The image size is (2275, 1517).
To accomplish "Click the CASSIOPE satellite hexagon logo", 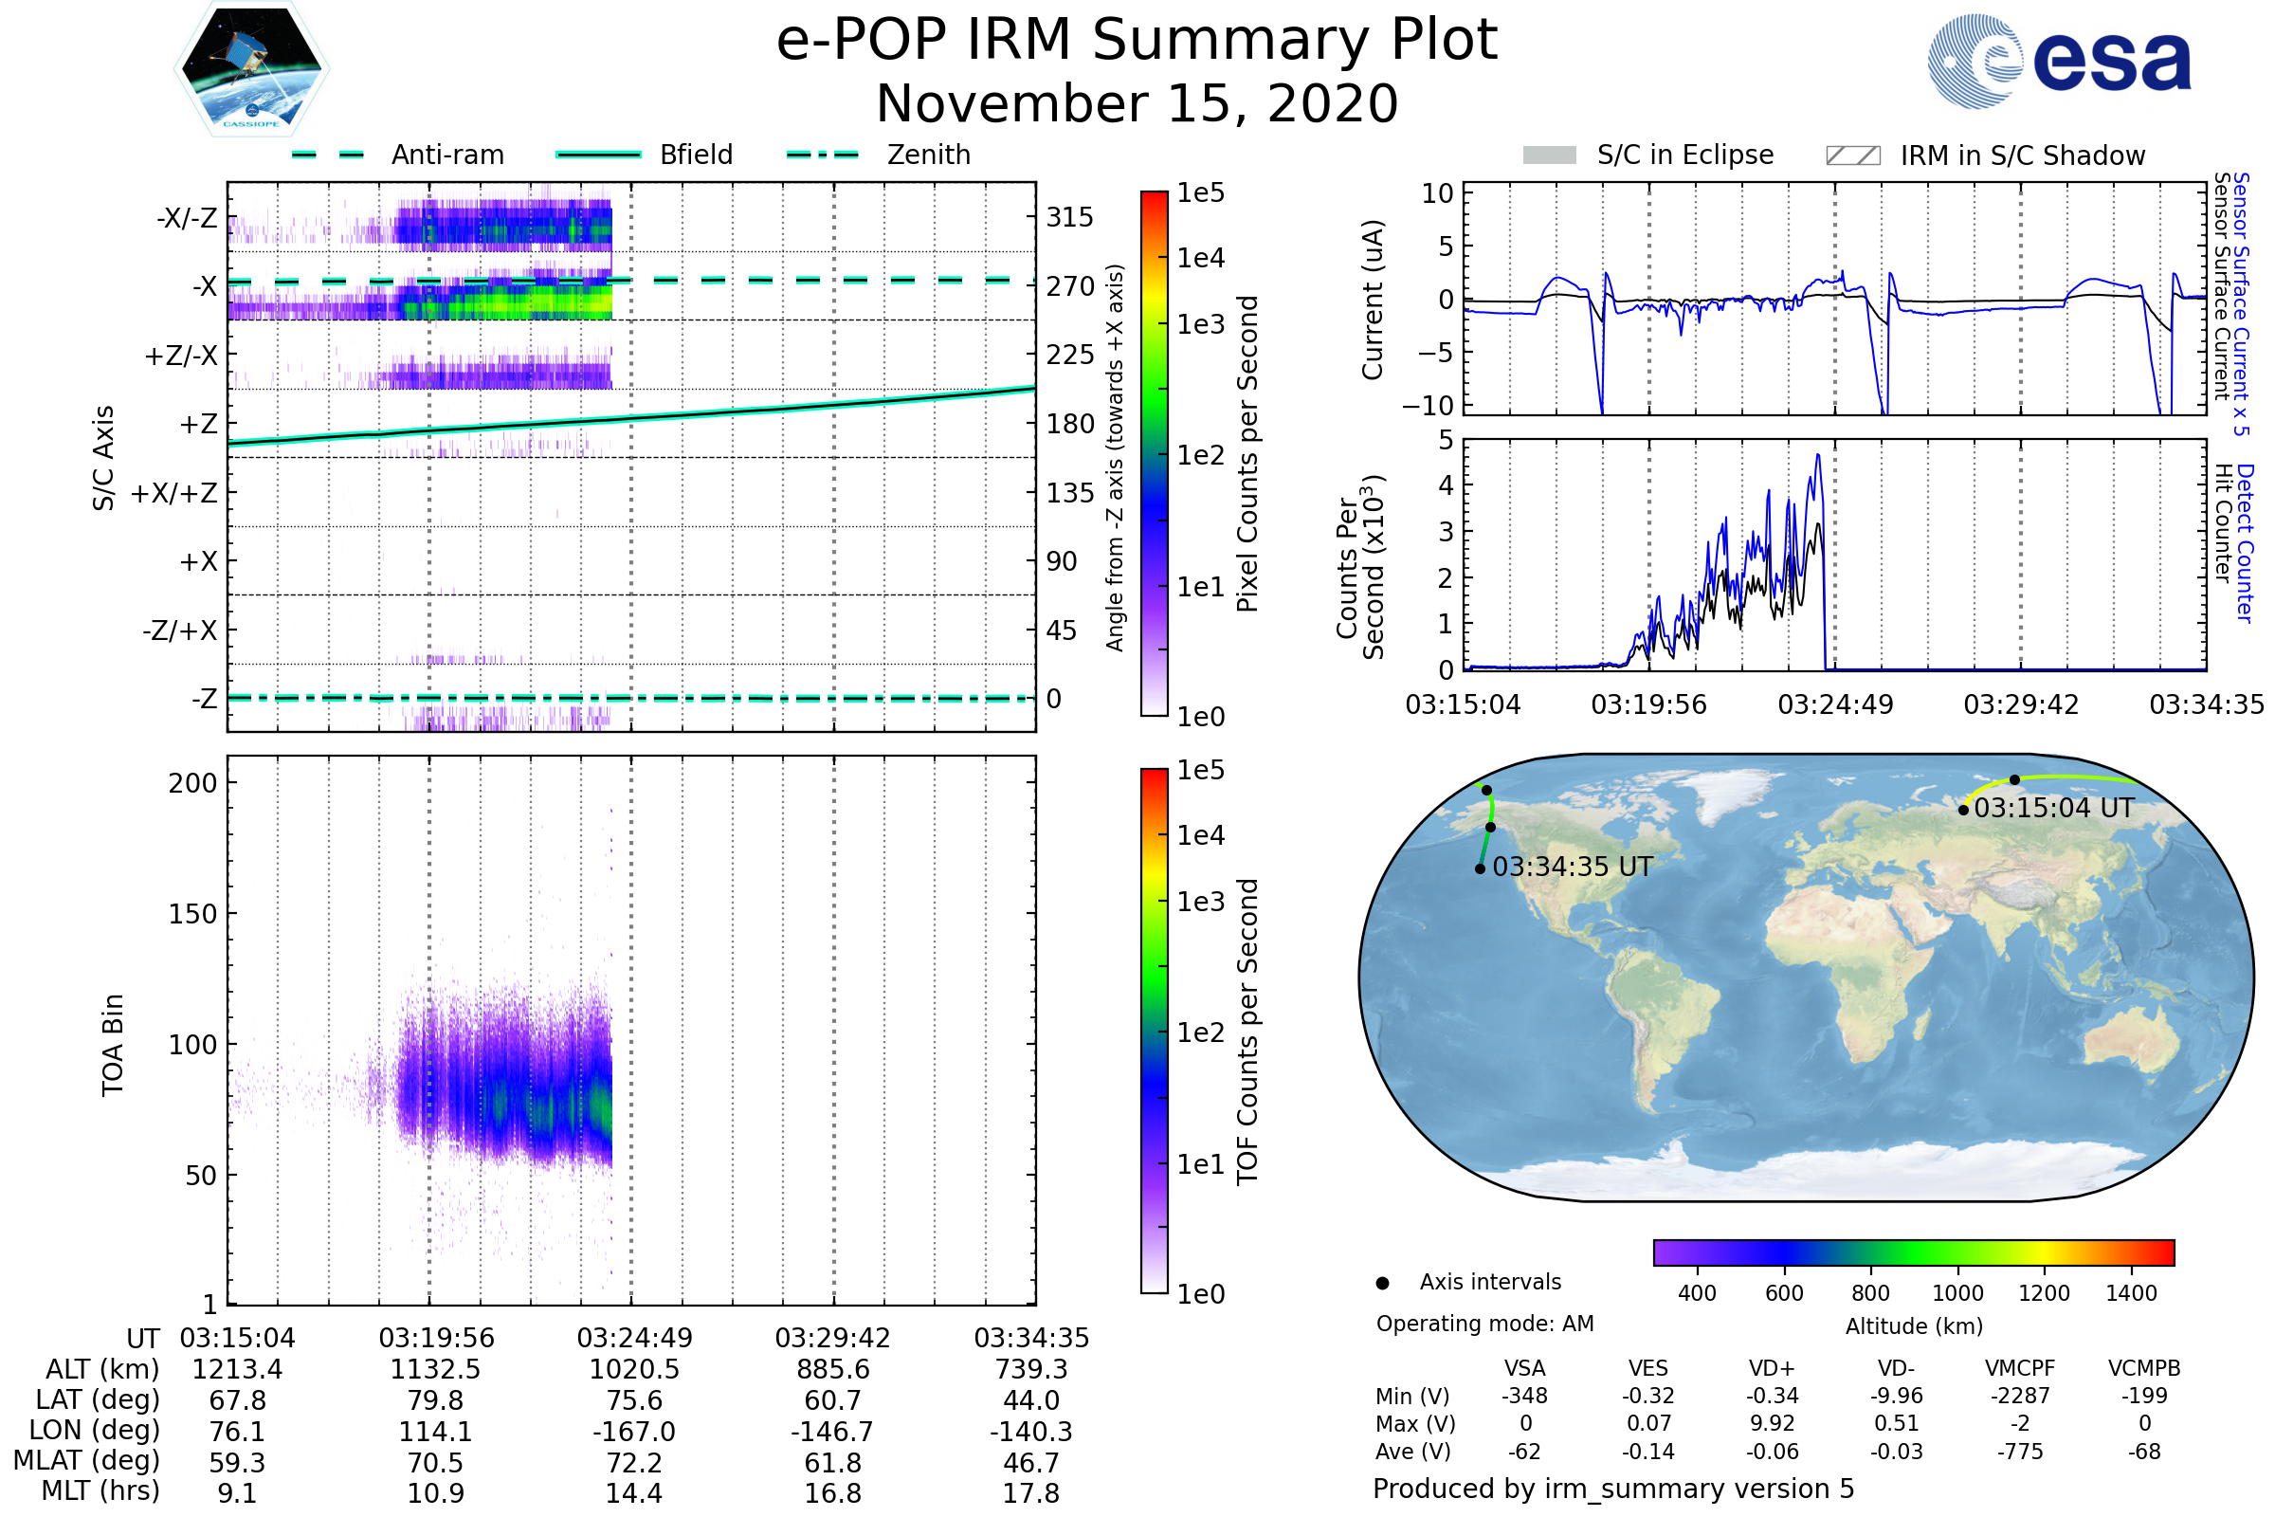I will pos(251,67).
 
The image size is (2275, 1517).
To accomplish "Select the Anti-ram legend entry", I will pos(446,155).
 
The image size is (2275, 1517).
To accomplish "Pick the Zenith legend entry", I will pos(928,155).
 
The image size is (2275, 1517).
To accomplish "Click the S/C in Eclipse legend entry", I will pos(1684,155).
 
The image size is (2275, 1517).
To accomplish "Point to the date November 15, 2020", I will pos(1137,104).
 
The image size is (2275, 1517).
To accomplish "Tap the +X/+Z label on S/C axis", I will pos(174,493).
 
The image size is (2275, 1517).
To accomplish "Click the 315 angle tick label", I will pos(1069,218).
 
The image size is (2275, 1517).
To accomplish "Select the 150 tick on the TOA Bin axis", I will pos(192,914).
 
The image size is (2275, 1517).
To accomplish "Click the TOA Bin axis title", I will pos(113,1045).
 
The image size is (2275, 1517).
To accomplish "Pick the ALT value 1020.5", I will pos(633,1370).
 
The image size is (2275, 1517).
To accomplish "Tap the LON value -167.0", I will pos(633,1432).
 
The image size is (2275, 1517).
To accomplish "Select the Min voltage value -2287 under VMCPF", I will pos(2020,1396).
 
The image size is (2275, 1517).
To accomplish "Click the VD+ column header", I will pos(1771,1369).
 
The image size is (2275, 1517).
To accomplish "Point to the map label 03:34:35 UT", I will pos(1572,867).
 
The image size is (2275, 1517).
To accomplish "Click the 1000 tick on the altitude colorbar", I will pos(1956,1293).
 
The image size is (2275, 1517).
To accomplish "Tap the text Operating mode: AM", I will pos(1484,1324).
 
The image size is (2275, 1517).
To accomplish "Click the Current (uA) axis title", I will pos(1373,300).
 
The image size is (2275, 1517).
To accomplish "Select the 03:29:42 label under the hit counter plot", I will pos(2020,704).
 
